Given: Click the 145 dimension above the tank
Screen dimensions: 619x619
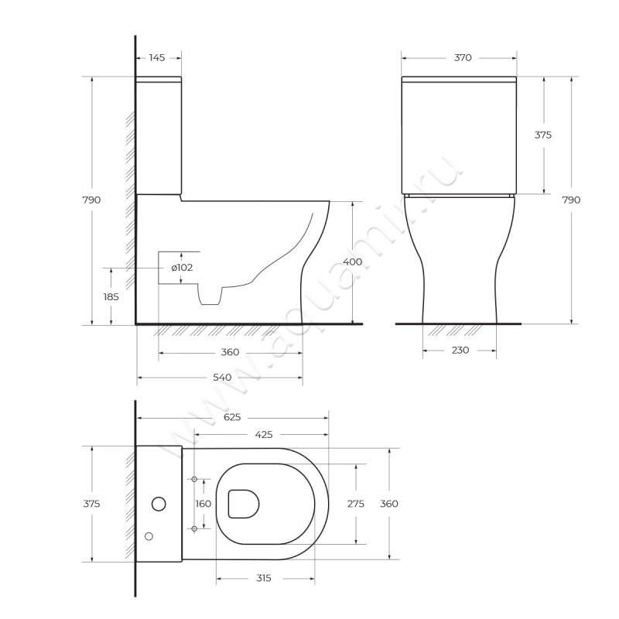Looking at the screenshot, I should tap(157, 58).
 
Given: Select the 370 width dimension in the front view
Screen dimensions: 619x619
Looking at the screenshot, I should tap(463, 58).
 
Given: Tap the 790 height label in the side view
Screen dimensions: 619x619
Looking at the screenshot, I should tap(91, 200).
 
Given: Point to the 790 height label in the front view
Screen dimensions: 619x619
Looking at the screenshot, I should tap(570, 200).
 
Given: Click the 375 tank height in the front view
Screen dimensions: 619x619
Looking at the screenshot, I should tap(543, 135).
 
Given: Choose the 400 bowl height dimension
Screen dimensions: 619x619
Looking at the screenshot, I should tap(352, 262).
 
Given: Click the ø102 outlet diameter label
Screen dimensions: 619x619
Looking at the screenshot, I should tap(182, 268).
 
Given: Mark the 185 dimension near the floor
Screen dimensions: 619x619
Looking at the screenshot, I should tap(111, 296).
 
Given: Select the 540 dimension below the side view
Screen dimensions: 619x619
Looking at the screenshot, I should tap(222, 378).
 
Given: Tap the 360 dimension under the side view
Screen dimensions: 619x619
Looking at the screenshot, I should tap(230, 352).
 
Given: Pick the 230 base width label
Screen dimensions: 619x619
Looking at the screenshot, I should tap(460, 351).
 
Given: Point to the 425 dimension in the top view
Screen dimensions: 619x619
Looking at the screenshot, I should tap(262, 434).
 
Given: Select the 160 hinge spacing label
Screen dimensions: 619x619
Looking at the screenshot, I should tap(203, 504).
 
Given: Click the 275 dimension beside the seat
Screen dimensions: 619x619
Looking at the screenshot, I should tap(355, 504).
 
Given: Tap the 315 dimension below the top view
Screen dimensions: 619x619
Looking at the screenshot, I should tap(264, 579).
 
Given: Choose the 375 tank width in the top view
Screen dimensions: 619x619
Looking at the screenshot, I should tap(91, 504).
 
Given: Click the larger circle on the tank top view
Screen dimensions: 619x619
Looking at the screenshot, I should tap(159, 504).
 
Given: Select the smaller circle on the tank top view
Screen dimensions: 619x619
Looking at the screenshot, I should tap(149, 535).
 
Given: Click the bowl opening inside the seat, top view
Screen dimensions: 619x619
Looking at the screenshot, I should tap(243, 504).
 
